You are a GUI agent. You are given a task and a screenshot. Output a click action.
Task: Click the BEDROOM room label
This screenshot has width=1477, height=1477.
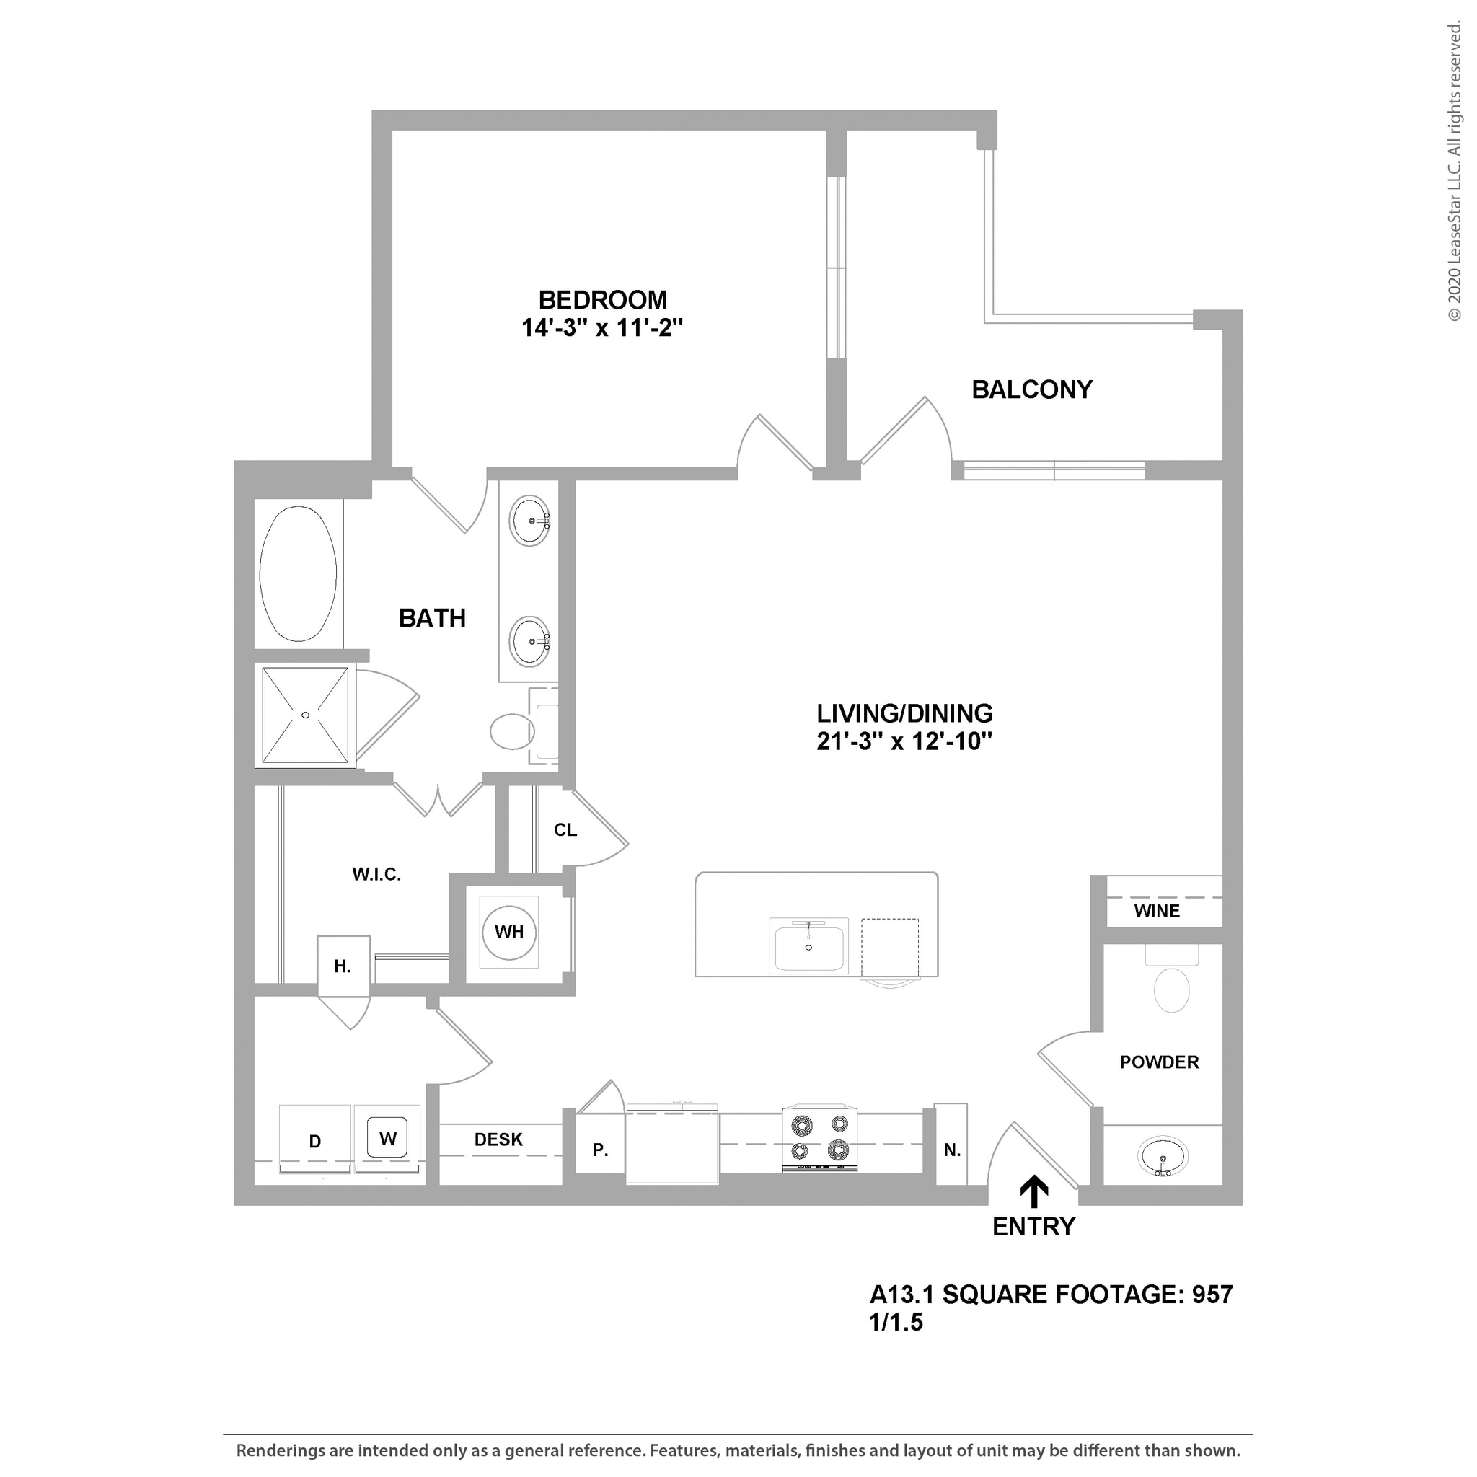[602, 300]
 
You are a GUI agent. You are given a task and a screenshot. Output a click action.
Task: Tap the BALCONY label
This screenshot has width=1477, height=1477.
[1031, 390]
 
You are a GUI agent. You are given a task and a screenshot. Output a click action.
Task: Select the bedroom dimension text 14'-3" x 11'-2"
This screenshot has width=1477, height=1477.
[601, 328]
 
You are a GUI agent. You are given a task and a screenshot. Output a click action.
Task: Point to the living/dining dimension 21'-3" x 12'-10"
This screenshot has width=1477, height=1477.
[904, 741]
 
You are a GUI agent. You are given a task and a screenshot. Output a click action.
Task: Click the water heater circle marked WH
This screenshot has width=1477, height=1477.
[509, 932]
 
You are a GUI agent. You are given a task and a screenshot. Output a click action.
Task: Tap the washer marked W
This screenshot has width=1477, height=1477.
[387, 1138]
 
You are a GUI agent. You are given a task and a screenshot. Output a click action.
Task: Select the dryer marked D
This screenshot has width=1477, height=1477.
[315, 1141]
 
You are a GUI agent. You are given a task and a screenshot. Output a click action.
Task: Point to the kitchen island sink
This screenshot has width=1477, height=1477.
[809, 948]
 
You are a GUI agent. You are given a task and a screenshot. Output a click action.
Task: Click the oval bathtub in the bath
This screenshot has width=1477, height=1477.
[298, 573]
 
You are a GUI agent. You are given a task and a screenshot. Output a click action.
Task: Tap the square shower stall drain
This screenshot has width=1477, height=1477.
[305, 715]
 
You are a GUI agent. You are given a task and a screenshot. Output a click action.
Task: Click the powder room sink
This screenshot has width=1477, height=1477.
[1162, 1156]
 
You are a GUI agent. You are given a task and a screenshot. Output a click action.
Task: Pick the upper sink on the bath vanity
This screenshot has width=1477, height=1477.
[530, 521]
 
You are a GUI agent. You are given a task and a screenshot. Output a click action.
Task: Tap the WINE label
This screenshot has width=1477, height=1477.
[1157, 912]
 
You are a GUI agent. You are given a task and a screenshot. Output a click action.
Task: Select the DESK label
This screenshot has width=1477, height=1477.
[498, 1140]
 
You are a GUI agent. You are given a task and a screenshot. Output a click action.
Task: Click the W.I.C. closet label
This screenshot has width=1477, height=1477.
[376, 875]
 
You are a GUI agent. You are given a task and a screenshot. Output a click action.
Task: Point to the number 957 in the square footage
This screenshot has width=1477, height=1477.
[1213, 1295]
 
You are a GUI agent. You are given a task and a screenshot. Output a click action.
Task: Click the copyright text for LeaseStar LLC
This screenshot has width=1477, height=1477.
[1454, 172]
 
